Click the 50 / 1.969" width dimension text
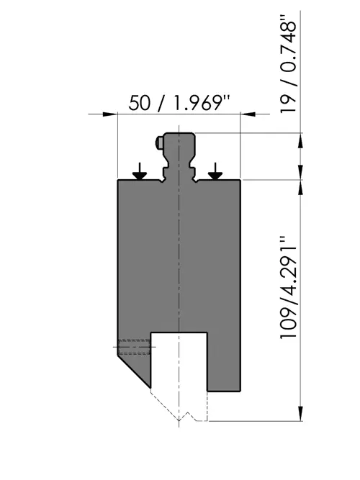179,103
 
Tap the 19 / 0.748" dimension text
288,63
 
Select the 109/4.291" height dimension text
288,287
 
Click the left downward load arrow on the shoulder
140,171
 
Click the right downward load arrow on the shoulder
215,171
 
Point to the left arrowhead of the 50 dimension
110,114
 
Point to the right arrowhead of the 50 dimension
248,114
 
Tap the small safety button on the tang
159,142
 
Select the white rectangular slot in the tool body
179,361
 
